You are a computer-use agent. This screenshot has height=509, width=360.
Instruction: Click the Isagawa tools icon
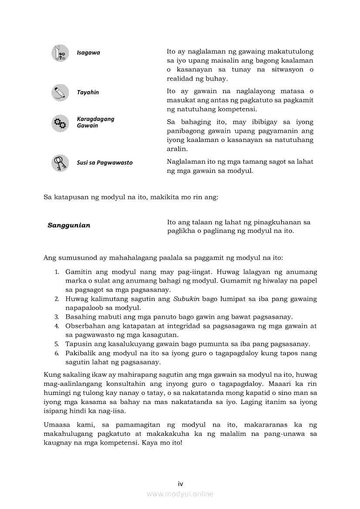pos(60,53)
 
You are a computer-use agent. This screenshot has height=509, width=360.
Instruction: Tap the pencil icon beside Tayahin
pos(60,93)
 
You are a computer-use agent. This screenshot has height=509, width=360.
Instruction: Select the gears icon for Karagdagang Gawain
pos(60,123)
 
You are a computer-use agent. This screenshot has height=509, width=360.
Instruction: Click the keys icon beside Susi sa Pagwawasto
pos(60,163)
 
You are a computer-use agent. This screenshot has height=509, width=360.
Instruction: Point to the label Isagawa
pos(88,53)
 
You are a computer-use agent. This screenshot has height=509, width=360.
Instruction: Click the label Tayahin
pos(88,92)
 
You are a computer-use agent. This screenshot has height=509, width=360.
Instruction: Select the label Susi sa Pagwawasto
pos(105,163)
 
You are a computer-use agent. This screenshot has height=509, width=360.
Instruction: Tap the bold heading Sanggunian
pos(69,226)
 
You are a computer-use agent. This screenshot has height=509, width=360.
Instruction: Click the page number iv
pos(180,483)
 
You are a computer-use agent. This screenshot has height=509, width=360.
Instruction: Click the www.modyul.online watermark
pos(180,494)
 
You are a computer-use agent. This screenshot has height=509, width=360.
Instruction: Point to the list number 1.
pos(57,272)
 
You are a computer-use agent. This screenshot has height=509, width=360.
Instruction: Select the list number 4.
pos(57,326)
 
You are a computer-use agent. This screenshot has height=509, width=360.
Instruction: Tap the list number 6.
pos(57,353)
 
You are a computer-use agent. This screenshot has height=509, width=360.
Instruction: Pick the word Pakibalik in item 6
pos(79,353)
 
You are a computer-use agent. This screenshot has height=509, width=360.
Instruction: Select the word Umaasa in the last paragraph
pos(56,425)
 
